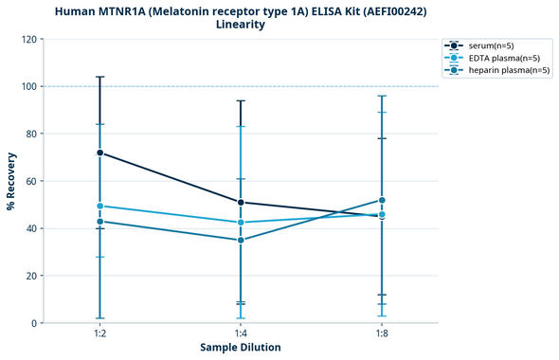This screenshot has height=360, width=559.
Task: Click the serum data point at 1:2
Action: coord(100,153)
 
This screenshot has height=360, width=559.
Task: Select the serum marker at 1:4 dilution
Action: coord(241,203)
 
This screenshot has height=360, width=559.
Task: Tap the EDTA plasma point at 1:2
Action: coord(100,206)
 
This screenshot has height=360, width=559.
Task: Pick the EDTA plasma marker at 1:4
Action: coord(241,223)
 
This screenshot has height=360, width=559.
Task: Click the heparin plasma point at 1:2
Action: coord(100,222)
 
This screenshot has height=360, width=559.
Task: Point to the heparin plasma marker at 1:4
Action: coord(241,240)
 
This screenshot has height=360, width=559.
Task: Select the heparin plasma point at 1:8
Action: coord(382,200)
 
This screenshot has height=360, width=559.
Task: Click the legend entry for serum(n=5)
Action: coord(491,45)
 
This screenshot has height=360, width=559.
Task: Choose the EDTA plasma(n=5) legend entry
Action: coord(499,58)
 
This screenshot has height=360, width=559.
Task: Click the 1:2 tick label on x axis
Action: coord(100,333)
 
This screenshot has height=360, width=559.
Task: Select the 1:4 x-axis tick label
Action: coord(241,333)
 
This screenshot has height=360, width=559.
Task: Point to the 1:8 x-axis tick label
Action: coord(382,333)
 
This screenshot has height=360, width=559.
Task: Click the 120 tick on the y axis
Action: coord(28,39)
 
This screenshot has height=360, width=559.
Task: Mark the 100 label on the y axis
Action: coord(28,86)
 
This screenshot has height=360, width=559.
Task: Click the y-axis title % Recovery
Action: coord(11,181)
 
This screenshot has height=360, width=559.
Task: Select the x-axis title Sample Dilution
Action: coord(241,348)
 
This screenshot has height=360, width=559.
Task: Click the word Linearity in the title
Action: coord(241,25)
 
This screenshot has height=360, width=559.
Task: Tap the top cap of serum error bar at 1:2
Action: coord(100,77)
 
